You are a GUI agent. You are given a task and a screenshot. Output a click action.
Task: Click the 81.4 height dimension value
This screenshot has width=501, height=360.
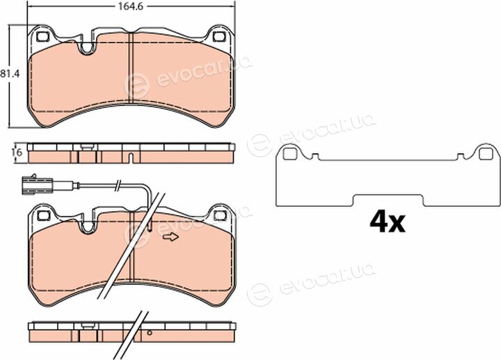point(10,74)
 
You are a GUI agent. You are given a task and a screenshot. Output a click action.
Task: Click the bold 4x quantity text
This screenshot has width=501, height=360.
point(388,223)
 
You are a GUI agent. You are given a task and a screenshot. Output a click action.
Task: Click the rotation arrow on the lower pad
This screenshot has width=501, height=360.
point(170,237)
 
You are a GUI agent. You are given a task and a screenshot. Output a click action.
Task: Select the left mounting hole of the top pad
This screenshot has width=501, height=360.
point(42,37)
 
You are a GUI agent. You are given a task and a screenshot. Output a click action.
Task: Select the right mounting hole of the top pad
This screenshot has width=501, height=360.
point(219,36)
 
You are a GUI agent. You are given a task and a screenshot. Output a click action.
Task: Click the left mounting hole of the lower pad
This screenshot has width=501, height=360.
point(43,216)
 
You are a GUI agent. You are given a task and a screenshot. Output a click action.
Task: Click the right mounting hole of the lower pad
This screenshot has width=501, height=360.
point(220,215)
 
